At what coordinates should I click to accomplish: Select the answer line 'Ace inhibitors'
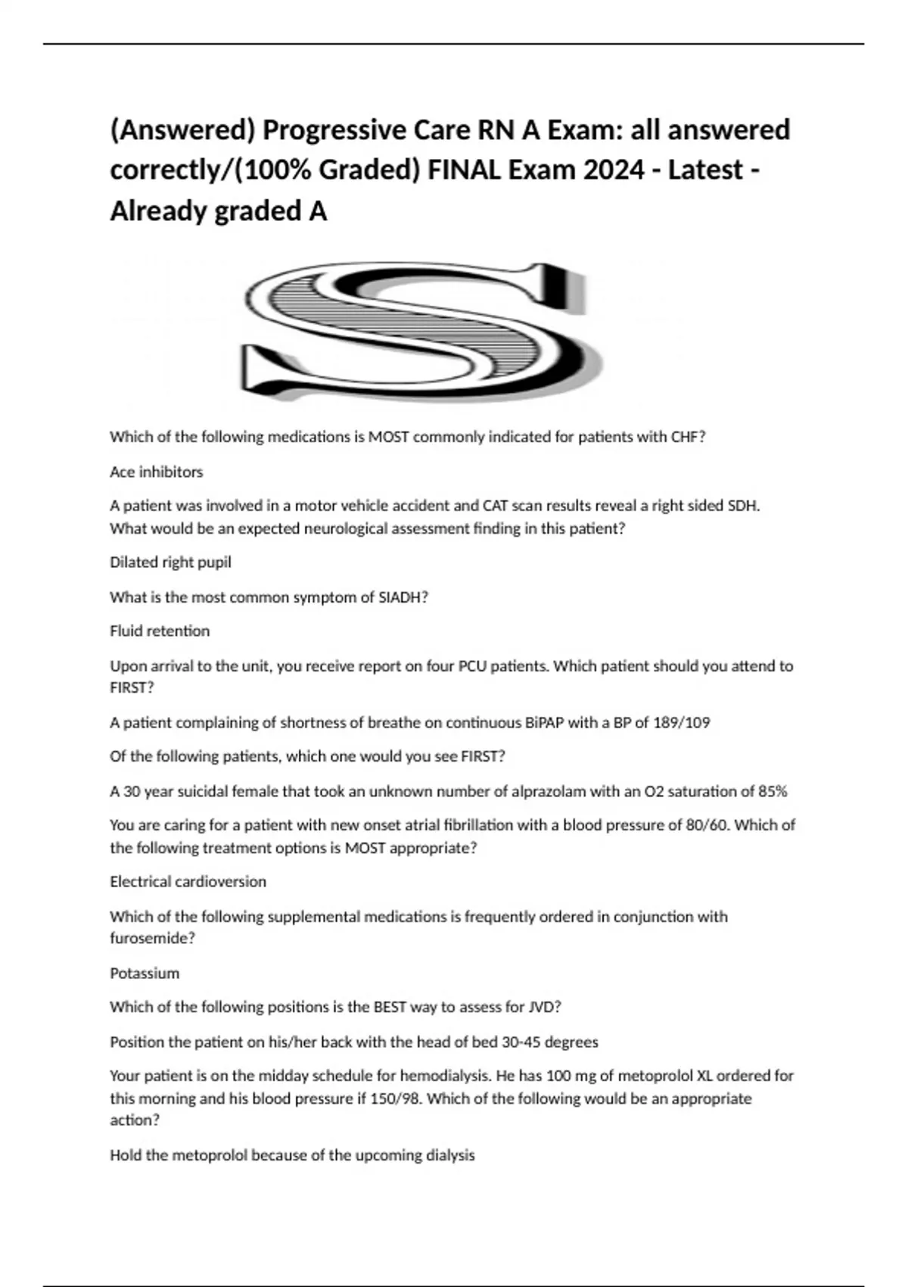pos(157,472)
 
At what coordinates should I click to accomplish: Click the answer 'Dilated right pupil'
pos(170,562)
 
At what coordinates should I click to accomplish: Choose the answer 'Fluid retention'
pos(160,631)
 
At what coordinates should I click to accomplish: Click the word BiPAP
pos(545,722)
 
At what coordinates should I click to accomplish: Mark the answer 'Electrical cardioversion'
pos(188,881)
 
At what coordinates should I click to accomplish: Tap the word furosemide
pos(149,938)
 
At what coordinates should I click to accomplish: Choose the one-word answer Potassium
pos(145,973)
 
